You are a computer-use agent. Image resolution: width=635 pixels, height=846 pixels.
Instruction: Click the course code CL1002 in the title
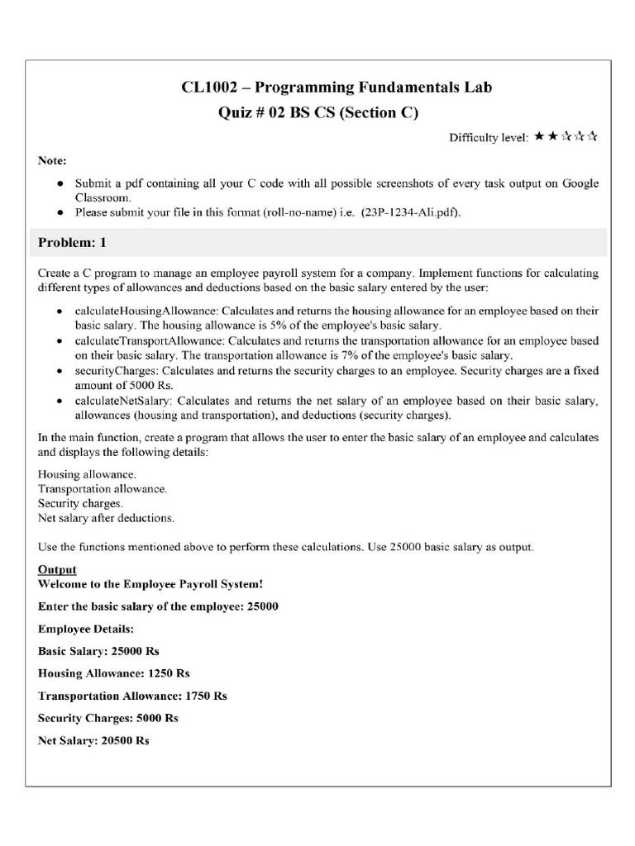pyautogui.click(x=208, y=88)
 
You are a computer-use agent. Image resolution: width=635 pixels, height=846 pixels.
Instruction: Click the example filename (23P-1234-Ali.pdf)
pyautogui.click(x=408, y=212)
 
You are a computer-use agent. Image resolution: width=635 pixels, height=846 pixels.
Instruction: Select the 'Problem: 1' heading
pyautogui.click(x=73, y=243)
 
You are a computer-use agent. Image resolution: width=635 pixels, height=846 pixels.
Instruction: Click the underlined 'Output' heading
pyautogui.click(x=57, y=569)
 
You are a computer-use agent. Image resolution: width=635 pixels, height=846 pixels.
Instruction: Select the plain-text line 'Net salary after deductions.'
pyautogui.click(x=106, y=518)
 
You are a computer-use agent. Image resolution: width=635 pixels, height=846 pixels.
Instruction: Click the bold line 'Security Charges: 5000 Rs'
pyautogui.click(x=108, y=718)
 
